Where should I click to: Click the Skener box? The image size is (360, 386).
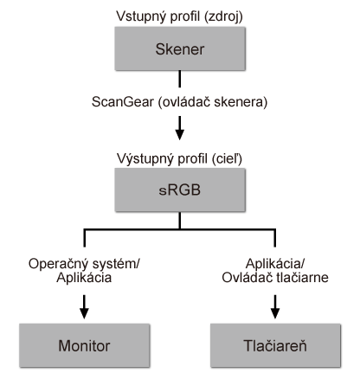179,50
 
